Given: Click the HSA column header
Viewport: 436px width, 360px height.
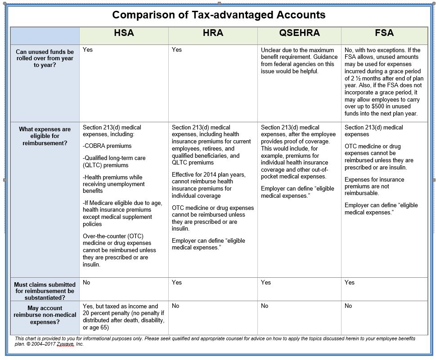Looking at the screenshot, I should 124,33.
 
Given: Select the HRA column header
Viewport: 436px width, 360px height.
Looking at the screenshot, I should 213,33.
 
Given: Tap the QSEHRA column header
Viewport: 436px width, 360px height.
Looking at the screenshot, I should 299,33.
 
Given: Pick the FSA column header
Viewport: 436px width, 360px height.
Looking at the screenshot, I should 384,33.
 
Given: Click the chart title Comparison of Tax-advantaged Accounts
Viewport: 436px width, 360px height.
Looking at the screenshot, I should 219,15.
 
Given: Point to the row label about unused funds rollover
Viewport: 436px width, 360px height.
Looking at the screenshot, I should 45,58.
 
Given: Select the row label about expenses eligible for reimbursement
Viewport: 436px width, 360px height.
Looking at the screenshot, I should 45,136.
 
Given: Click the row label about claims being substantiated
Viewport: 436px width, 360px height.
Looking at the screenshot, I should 45,291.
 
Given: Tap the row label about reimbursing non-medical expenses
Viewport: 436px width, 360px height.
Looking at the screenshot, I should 45,315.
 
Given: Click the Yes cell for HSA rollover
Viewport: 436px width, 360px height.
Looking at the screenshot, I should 88,49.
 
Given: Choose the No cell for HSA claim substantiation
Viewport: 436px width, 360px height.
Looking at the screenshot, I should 87,282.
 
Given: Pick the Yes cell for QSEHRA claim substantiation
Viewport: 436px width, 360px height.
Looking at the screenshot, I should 266,282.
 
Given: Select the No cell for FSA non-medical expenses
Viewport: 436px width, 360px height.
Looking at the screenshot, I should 348,306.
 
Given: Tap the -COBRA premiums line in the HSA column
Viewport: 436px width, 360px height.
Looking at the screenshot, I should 107,146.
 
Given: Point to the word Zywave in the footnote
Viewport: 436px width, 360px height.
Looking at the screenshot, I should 65,344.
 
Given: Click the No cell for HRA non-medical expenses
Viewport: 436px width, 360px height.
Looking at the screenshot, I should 175,306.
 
